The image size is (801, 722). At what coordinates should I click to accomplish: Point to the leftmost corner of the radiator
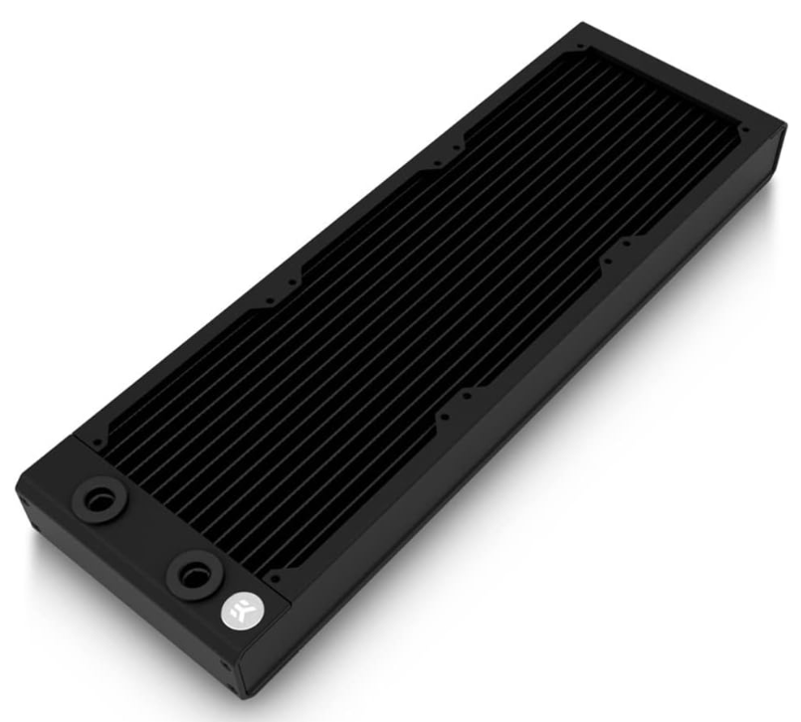17,488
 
